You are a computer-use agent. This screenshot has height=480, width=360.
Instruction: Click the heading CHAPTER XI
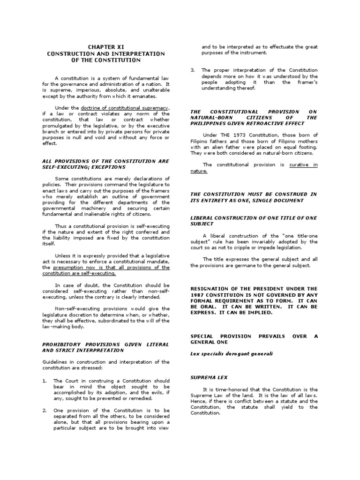click(x=105, y=47)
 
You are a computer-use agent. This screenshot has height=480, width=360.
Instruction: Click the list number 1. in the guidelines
click(x=45, y=381)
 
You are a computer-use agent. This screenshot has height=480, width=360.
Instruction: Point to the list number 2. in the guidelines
click(x=45, y=410)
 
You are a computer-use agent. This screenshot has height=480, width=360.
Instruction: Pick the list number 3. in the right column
click(x=193, y=70)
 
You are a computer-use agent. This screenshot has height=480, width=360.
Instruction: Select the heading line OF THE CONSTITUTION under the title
click(x=105, y=60)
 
